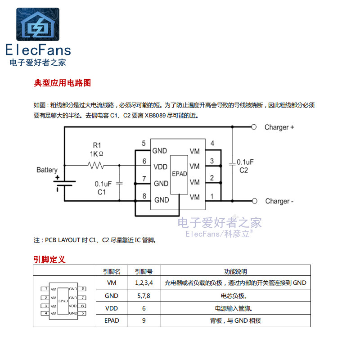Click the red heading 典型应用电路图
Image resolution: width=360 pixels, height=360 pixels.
[63, 83]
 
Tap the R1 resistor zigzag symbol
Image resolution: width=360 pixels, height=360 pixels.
[97, 166]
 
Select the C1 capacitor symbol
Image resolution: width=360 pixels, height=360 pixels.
[119, 183]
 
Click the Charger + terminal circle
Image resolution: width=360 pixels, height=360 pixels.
[254, 127]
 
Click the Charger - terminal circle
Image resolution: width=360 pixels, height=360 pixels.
[254, 201]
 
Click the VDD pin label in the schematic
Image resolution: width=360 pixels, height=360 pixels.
[160, 167]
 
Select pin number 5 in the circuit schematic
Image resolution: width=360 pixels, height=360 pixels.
[144, 144]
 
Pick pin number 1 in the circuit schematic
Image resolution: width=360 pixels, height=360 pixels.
[212, 196]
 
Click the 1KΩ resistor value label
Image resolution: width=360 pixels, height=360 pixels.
[96, 154]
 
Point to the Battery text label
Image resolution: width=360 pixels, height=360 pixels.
[47, 170]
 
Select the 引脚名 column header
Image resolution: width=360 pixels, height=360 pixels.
[112, 271]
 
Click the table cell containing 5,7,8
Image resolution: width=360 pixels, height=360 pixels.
[144, 296]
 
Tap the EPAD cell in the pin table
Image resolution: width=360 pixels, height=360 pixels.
[112, 320]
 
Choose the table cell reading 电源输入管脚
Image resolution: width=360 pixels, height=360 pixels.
[235, 308]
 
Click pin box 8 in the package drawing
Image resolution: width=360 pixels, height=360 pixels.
[83, 288]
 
